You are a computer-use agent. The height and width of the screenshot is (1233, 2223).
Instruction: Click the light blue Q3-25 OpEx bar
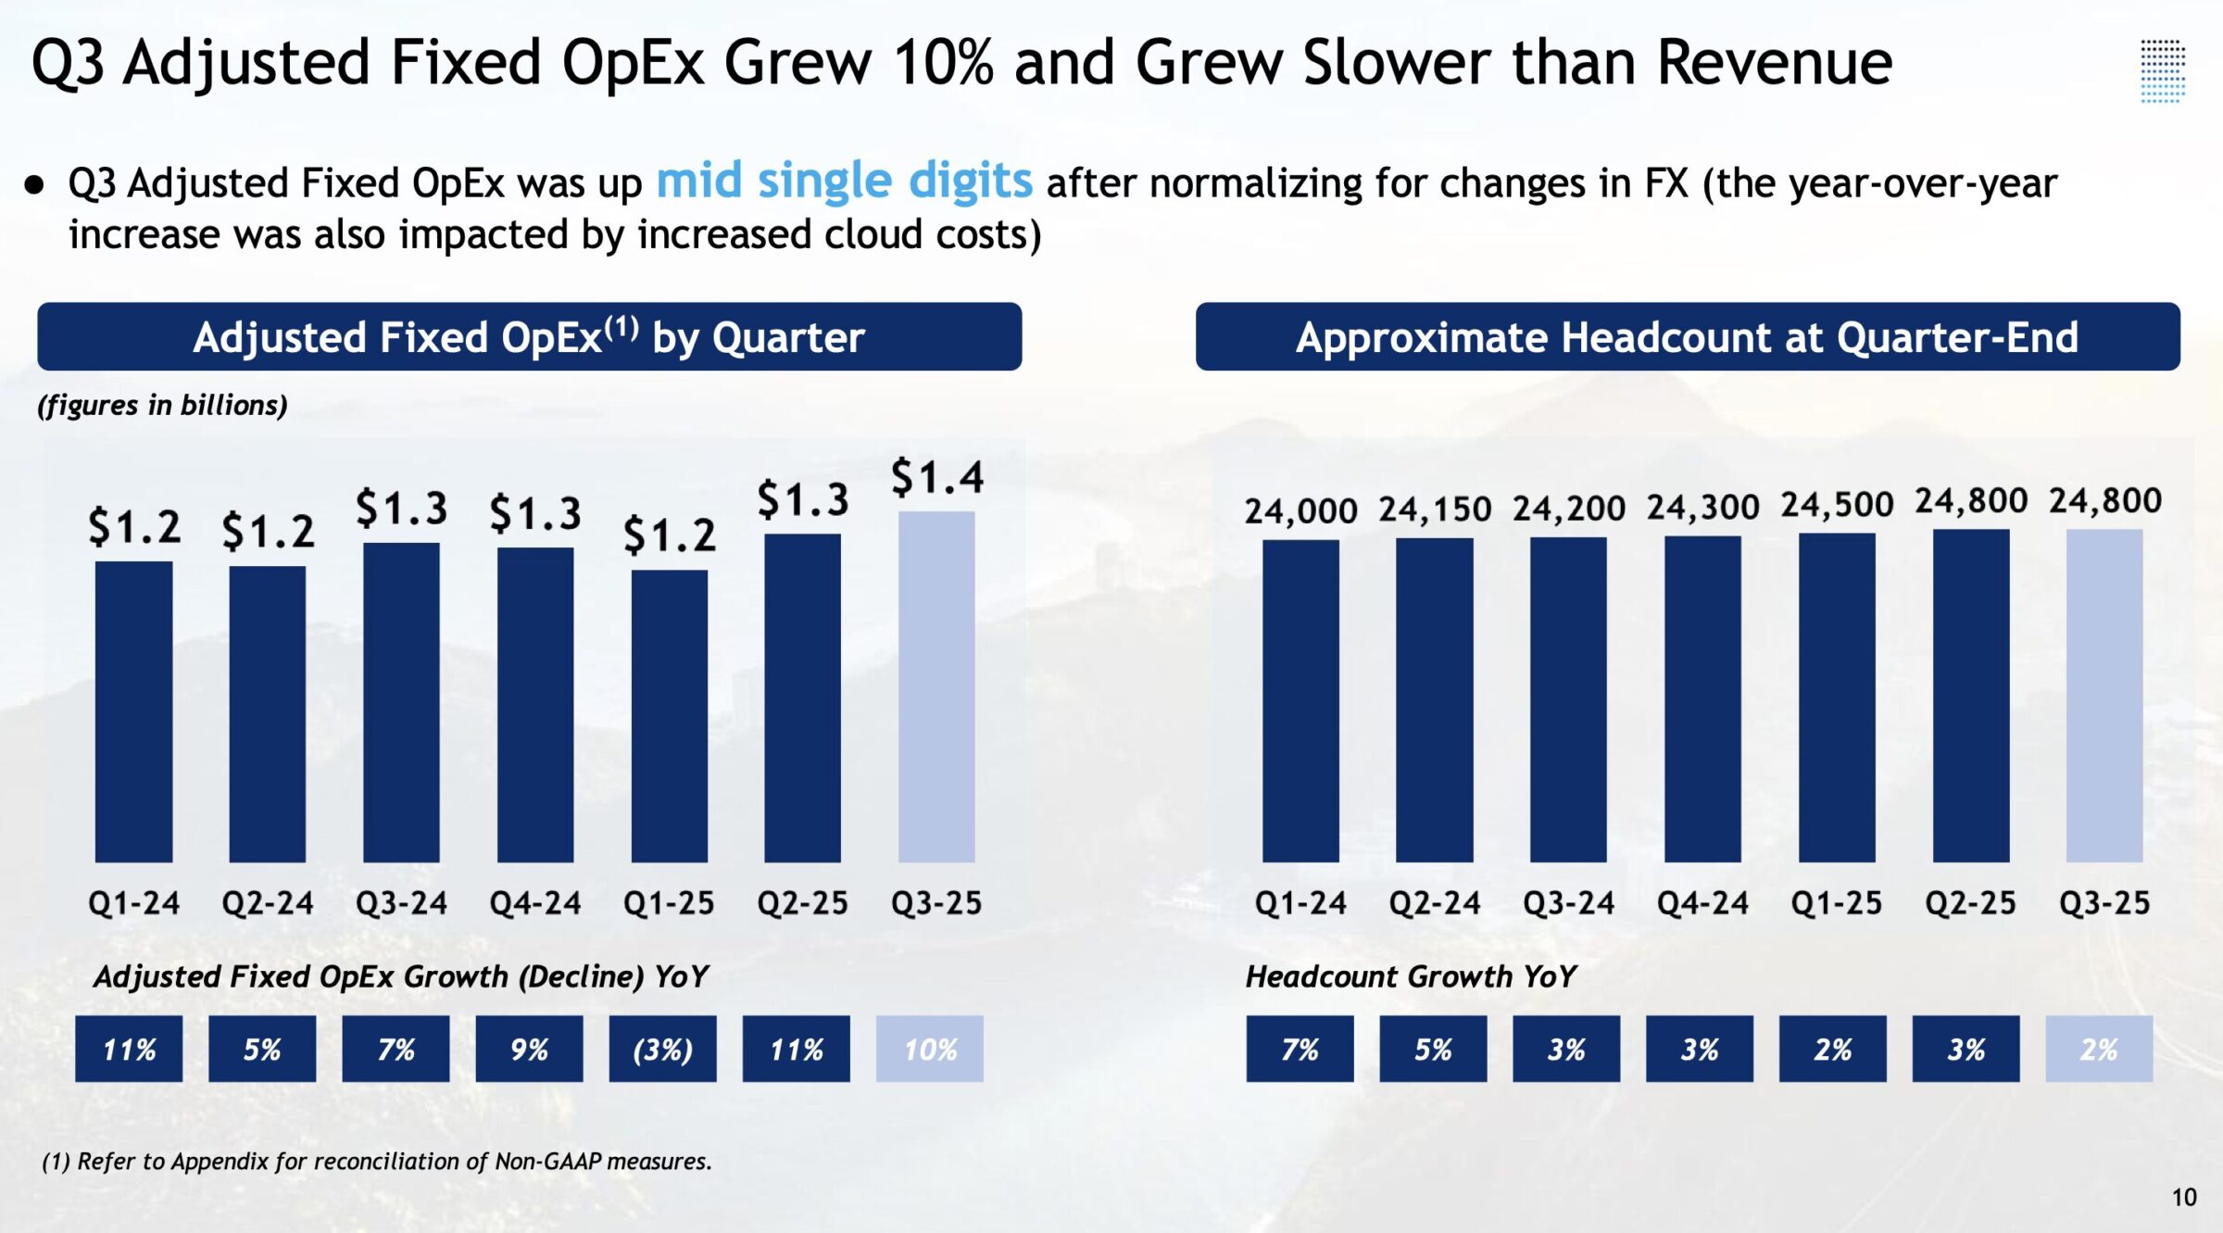(936, 686)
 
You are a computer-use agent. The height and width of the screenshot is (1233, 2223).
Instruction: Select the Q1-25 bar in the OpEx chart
(669, 716)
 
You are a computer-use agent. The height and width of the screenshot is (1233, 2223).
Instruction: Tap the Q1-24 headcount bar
(1300, 701)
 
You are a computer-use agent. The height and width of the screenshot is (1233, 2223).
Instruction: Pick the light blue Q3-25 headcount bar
(2104, 696)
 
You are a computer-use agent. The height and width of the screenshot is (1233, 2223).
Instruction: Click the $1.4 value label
(937, 478)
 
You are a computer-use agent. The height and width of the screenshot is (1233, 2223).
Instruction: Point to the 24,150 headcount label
(1435, 510)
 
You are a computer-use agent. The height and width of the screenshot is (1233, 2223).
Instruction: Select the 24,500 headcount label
(1837, 505)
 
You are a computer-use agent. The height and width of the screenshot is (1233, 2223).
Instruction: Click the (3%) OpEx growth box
(662, 1049)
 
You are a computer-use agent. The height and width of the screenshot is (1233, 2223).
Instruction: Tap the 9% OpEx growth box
(529, 1049)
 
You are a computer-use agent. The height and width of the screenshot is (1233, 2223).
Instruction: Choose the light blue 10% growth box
(930, 1049)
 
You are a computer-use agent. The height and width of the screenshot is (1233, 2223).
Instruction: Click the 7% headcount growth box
(1300, 1049)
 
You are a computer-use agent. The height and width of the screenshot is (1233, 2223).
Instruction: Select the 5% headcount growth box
(1433, 1049)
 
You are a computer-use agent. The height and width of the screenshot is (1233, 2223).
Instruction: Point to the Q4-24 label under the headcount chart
(1702, 903)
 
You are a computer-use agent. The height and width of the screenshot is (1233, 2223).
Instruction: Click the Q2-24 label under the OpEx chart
(268, 903)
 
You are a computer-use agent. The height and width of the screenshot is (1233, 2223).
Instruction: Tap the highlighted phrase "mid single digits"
(844, 181)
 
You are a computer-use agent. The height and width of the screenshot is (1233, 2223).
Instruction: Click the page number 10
(2184, 1198)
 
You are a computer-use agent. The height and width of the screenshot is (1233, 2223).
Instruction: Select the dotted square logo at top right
(2163, 70)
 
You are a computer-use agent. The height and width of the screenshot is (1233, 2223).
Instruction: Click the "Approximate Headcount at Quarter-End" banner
(1688, 336)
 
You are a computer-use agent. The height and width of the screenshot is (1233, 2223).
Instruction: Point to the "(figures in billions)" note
(162, 406)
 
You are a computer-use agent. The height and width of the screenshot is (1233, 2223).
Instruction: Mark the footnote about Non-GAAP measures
(377, 1162)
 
